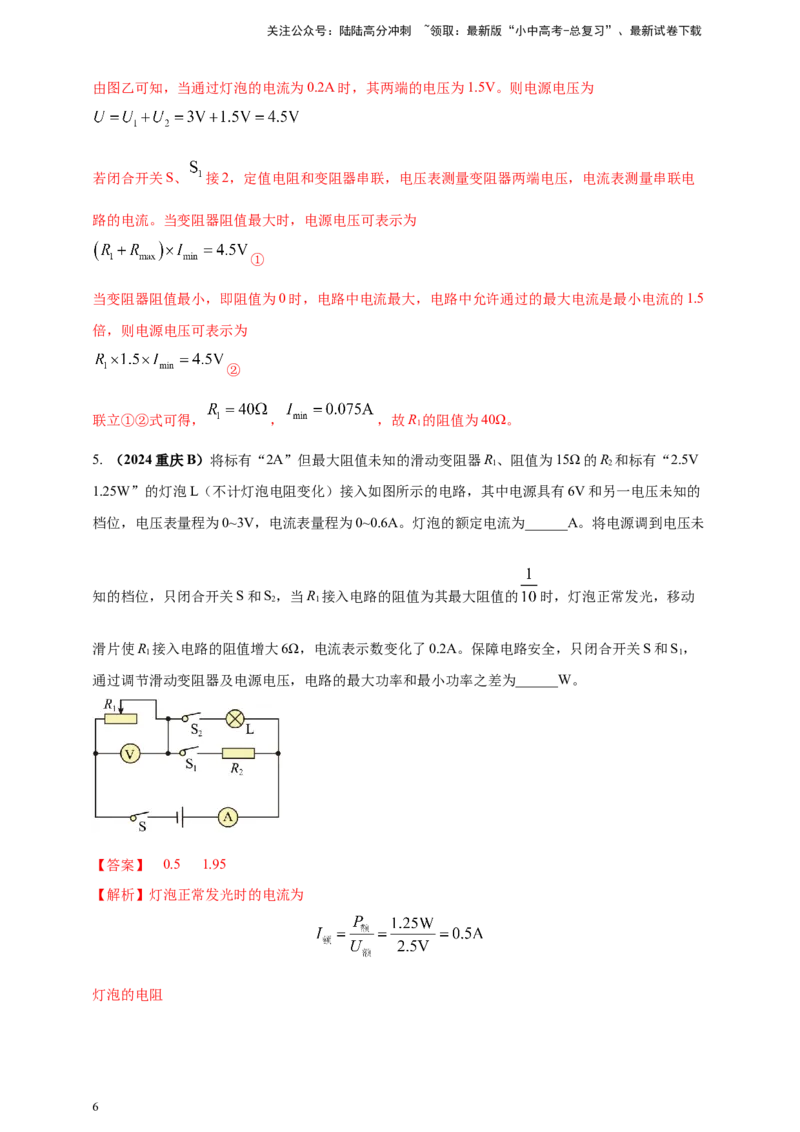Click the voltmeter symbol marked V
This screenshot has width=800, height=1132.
(x=129, y=754)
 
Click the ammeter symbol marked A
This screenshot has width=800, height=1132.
(x=227, y=818)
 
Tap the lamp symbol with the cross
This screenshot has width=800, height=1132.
(x=235, y=718)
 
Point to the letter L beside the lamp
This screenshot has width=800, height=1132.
(x=250, y=730)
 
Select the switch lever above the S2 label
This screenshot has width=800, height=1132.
(x=190, y=716)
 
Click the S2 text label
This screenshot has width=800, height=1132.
(x=197, y=731)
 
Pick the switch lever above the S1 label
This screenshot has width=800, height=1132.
(x=187, y=751)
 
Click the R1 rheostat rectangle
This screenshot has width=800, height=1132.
(x=120, y=718)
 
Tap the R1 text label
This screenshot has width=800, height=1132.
(x=110, y=704)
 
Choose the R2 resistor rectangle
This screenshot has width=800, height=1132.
(x=237, y=753)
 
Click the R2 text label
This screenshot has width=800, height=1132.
(x=237, y=768)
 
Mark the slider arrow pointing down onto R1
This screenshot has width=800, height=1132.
(x=122, y=707)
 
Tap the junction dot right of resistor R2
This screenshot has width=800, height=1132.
(x=277, y=753)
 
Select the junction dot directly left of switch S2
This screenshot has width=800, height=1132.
(x=169, y=718)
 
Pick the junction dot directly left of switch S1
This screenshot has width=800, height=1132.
(x=169, y=753)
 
